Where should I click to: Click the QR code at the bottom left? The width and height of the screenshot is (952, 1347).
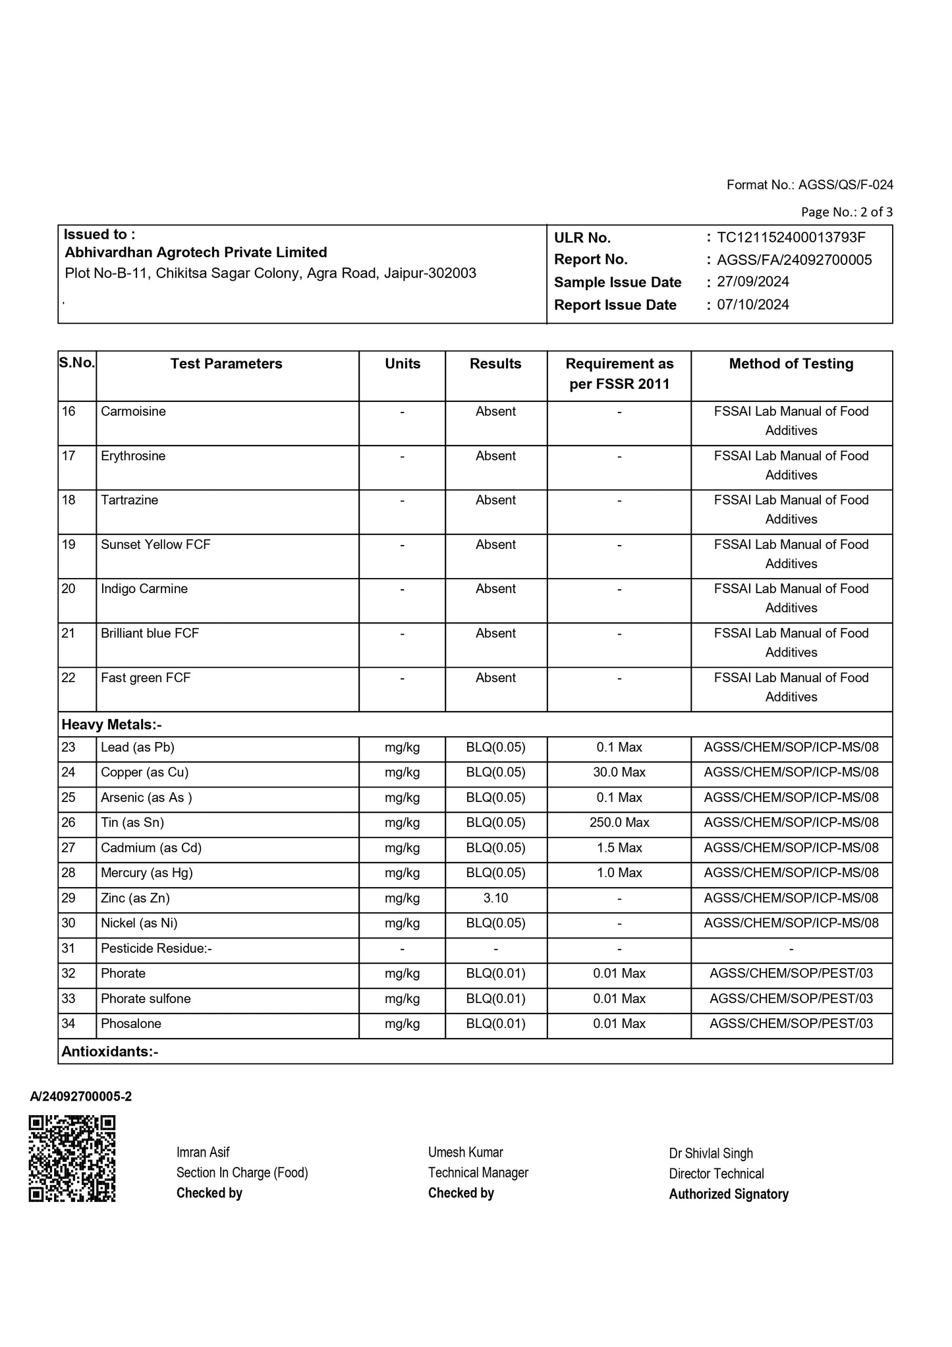pos(72,1158)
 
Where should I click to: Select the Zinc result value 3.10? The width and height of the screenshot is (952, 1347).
pos(495,898)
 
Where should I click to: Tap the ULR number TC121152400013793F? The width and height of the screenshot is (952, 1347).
pos(791,237)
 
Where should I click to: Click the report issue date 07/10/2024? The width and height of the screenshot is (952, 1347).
pos(753,304)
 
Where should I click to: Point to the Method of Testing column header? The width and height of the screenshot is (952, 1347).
pos(791,364)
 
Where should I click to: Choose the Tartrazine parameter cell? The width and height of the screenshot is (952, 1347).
pos(129,500)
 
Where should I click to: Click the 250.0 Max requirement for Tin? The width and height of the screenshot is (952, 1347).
pos(619,822)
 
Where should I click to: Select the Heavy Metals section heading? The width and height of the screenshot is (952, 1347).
pos(111,725)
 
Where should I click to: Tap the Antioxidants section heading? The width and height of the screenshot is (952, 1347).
pos(109,1052)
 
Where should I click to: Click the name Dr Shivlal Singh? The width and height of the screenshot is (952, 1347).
pos(711,1153)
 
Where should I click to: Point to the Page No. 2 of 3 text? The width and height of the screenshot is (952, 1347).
pos(847,212)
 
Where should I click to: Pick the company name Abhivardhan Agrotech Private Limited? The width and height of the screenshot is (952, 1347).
pos(196,252)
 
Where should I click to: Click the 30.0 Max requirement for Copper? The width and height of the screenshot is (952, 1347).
pos(619,772)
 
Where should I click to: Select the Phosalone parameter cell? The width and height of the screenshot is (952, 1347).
pos(130,1023)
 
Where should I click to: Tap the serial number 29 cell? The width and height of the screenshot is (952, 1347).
pos(69,898)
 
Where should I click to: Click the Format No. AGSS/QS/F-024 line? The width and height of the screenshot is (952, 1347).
pos(810,185)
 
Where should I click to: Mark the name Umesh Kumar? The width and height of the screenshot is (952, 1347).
pos(465,1152)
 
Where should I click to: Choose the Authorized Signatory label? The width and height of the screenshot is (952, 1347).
pos(729,1194)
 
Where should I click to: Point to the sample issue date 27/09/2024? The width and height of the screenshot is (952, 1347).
pos(753,282)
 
